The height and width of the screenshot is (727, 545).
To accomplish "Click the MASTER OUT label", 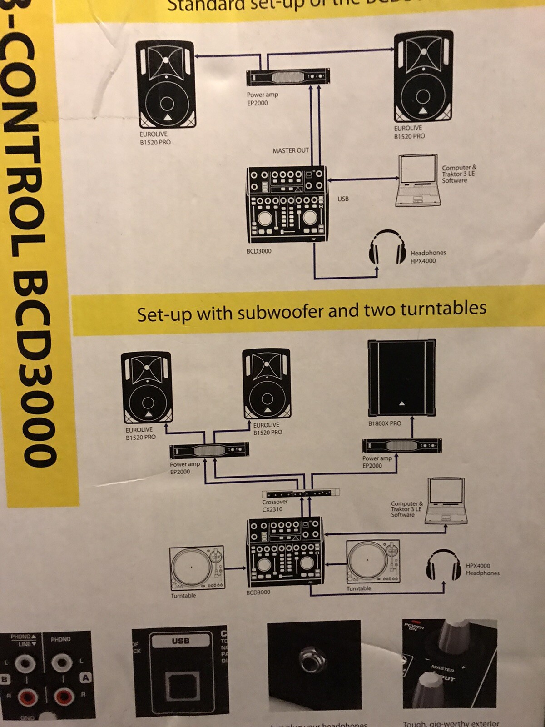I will [x=291, y=150].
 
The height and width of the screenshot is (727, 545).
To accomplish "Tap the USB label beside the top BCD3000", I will [x=343, y=199].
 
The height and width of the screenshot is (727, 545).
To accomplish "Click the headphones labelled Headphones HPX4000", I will [x=387, y=247].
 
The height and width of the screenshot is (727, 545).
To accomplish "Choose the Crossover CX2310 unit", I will [x=301, y=493].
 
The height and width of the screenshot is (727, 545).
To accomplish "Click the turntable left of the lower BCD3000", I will [x=197, y=568].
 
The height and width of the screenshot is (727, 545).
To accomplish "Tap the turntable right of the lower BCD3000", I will [x=373, y=562].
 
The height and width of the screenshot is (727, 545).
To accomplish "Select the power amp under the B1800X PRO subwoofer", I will [x=402, y=446].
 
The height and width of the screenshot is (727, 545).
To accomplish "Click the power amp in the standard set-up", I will [x=288, y=77].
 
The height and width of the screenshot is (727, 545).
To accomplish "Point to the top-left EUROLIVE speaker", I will [x=166, y=85].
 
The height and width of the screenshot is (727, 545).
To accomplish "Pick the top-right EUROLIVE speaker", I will [x=423, y=76].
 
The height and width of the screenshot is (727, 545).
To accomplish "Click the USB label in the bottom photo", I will [x=181, y=641].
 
